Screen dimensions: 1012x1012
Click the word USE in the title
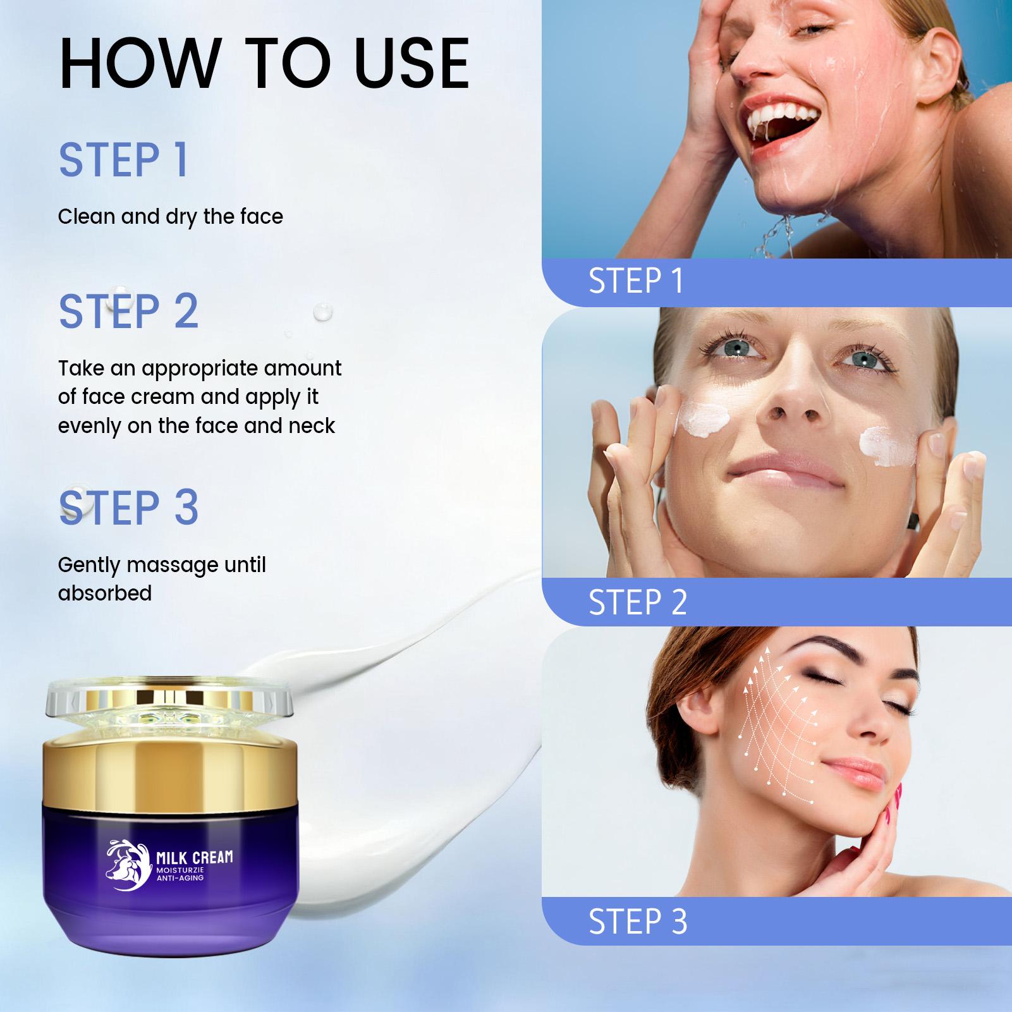[x=412, y=63]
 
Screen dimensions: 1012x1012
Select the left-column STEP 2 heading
[x=129, y=311]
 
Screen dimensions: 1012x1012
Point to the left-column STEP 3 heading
[x=129, y=508]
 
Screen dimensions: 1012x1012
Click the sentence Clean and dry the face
[x=171, y=217]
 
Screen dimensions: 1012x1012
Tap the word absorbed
[x=105, y=594]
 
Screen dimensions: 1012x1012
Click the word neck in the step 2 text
[x=312, y=426]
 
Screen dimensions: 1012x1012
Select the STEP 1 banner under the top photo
[x=637, y=281]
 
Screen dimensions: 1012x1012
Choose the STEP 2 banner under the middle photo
[x=638, y=602]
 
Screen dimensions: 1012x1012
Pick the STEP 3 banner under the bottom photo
[x=638, y=921]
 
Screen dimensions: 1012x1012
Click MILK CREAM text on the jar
[x=194, y=858]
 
